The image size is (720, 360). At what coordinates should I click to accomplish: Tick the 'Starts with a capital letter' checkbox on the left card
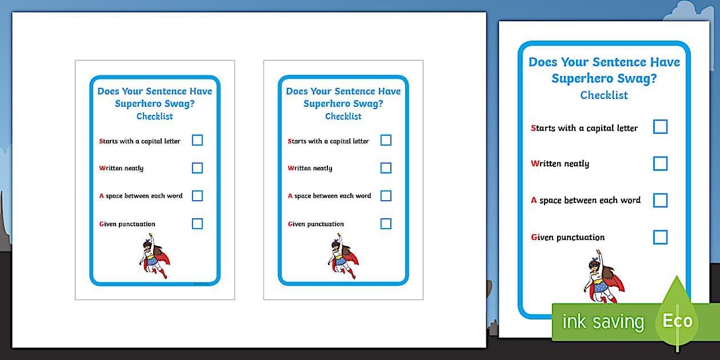click(197, 140)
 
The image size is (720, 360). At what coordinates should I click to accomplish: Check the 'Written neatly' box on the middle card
click(386, 168)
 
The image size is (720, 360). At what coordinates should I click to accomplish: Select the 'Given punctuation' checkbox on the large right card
click(660, 237)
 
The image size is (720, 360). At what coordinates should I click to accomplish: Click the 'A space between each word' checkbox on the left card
click(197, 195)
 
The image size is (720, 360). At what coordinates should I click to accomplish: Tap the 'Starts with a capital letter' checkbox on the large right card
click(660, 127)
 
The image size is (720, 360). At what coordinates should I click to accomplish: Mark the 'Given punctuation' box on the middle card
click(386, 223)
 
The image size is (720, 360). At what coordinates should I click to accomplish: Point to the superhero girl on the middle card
click(342, 257)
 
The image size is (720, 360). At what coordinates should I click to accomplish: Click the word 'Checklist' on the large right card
click(604, 95)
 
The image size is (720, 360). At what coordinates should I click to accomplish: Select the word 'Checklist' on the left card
click(154, 117)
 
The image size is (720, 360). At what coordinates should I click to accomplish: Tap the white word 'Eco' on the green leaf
click(678, 321)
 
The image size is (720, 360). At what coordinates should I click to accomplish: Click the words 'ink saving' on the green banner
click(603, 322)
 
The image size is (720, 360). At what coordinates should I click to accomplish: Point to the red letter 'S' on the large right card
click(534, 128)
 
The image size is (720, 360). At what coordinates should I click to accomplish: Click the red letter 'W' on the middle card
click(291, 168)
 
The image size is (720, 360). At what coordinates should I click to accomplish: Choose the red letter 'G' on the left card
click(102, 224)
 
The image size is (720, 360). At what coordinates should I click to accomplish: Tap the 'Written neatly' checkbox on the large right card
click(660, 163)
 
